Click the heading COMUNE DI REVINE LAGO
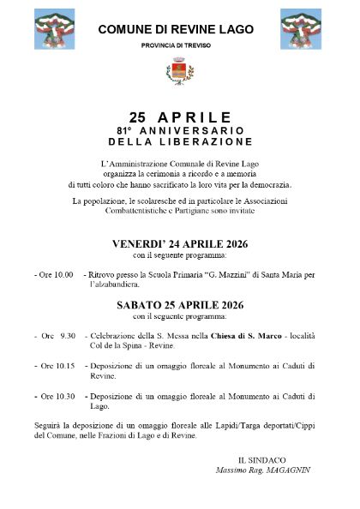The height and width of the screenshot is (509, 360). (176, 29)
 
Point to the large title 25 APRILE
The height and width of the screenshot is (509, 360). (180, 117)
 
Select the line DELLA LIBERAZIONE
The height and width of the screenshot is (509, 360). (180, 140)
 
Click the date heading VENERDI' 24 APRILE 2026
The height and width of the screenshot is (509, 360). (180, 244)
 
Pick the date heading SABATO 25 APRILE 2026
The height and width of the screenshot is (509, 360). (180, 303)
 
